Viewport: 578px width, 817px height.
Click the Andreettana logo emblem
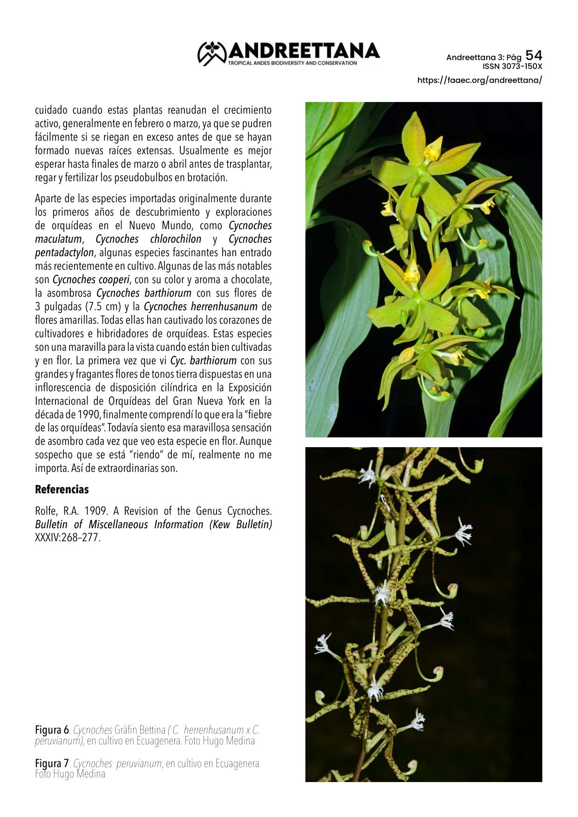pyautogui.click(x=212, y=53)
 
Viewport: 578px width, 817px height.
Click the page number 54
pyautogui.click(x=534, y=55)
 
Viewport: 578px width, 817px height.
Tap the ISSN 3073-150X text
pyautogui.click(x=512, y=67)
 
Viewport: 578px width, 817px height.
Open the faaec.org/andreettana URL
pyautogui.click(x=479, y=80)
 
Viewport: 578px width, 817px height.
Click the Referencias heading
pyautogui.click(x=61, y=490)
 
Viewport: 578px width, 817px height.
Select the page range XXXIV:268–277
pyautogui.click(x=68, y=538)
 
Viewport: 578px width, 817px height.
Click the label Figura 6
pyautogui.click(x=52, y=729)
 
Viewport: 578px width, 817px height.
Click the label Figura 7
pyautogui.click(x=52, y=764)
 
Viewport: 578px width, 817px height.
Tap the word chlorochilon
pyautogui.click(x=176, y=239)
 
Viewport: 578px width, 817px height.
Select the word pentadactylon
pyautogui.click(x=64, y=253)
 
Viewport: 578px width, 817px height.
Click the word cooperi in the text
pyautogui.click(x=114, y=280)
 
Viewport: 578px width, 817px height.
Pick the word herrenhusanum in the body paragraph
pyautogui.click(x=227, y=307)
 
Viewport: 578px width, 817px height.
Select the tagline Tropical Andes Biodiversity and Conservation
pyautogui.click(x=292, y=63)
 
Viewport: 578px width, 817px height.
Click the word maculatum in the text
pyautogui.click(x=58, y=239)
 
